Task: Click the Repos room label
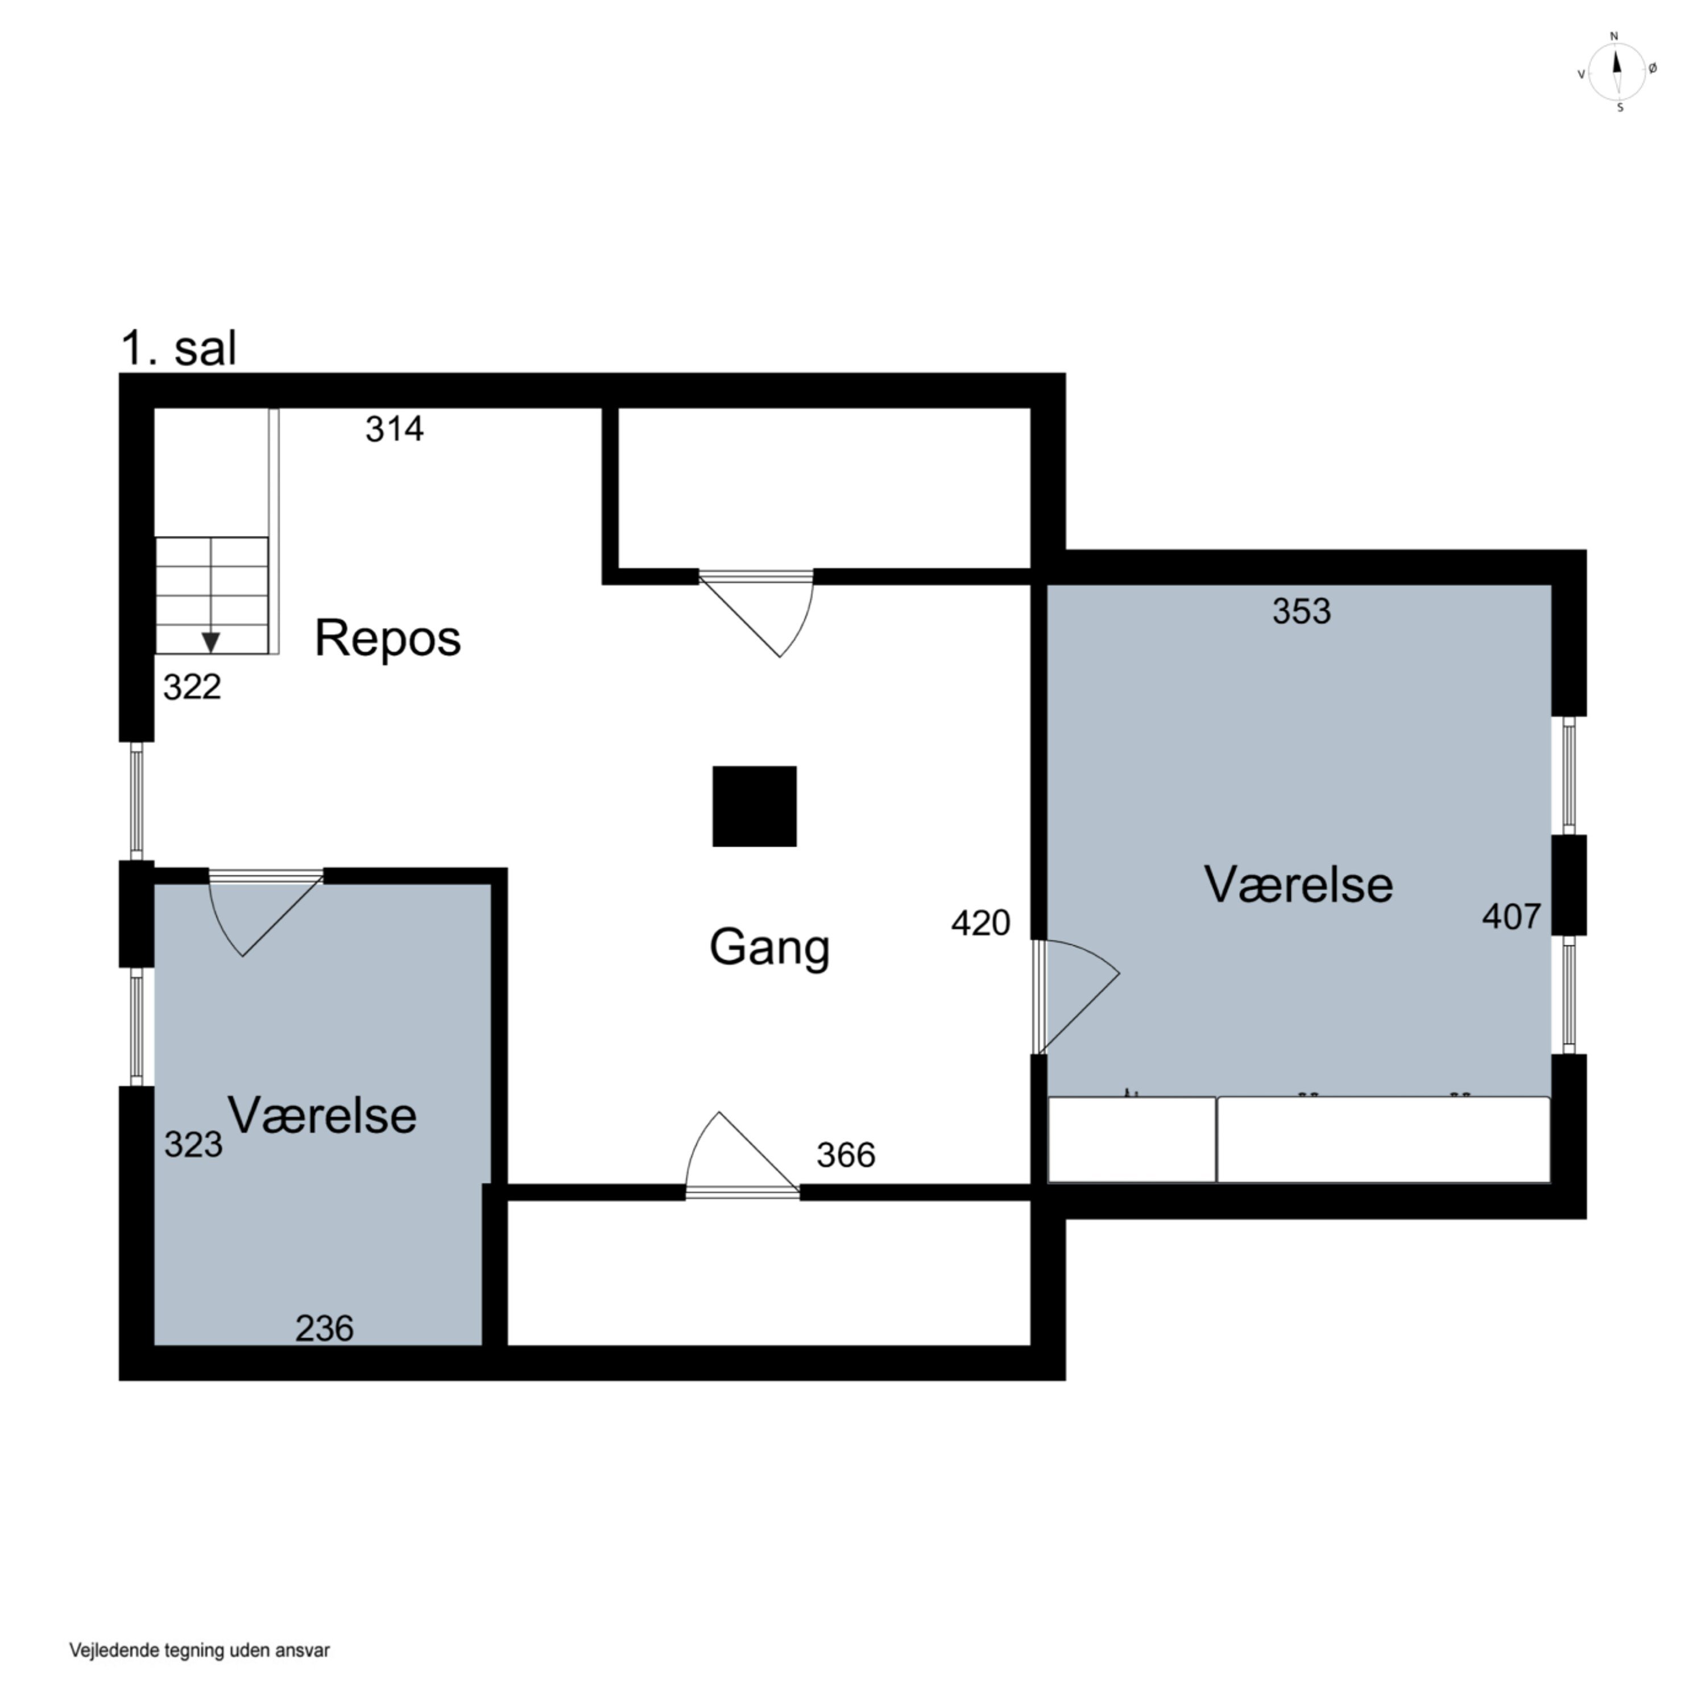pos(388,639)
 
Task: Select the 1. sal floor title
pos(179,348)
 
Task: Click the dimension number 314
pos(395,429)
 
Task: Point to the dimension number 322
pos(193,687)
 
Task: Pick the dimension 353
pos(1302,611)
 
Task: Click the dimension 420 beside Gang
pos(981,923)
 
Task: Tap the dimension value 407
pos(1512,917)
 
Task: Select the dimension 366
pos(846,1155)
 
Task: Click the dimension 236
pos(324,1328)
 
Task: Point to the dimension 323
pos(193,1144)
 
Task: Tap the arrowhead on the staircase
pos(211,642)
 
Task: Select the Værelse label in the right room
pos(1298,885)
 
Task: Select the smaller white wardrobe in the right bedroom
pos(1132,1139)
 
